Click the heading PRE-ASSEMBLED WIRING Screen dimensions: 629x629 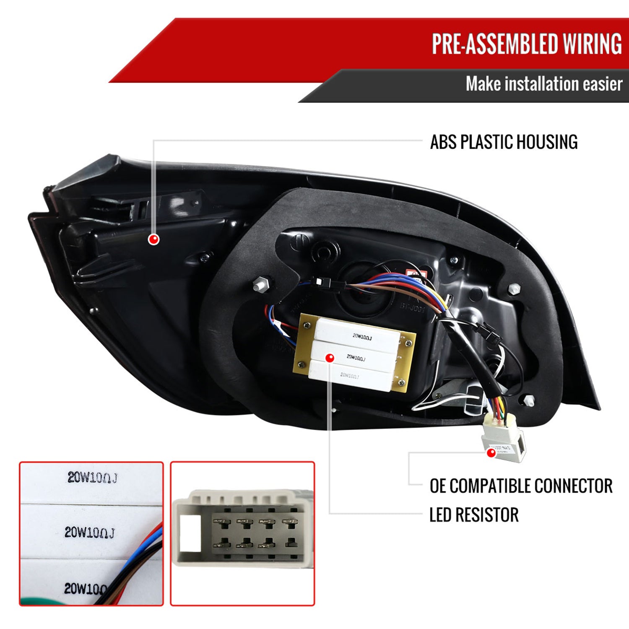pyautogui.click(x=527, y=44)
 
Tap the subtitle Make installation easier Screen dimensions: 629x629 pyautogui.click(x=544, y=84)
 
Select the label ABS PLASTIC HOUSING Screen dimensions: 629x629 pyautogui.click(x=504, y=142)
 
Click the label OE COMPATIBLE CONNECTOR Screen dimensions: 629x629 pyautogui.click(x=521, y=486)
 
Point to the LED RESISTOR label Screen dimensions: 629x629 pyautogui.click(x=474, y=515)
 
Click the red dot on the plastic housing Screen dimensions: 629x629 pyautogui.click(x=154, y=239)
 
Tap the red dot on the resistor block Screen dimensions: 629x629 pyautogui.click(x=330, y=358)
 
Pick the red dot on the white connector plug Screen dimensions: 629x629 pyautogui.click(x=491, y=452)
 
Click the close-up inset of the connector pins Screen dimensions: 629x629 pyautogui.click(x=242, y=533)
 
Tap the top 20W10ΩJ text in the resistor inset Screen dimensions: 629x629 pyautogui.click(x=92, y=478)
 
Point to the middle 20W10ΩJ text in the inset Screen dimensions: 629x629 pyautogui.click(x=89, y=533)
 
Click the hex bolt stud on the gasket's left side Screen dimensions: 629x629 pyautogui.click(x=259, y=284)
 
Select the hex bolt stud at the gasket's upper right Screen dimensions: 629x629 pyautogui.click(x=514, y=289)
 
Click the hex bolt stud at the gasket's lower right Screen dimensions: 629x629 pyautogui.click(x=529, y=400)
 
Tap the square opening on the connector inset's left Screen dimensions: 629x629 pyautogui.click(x=190, y=533)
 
